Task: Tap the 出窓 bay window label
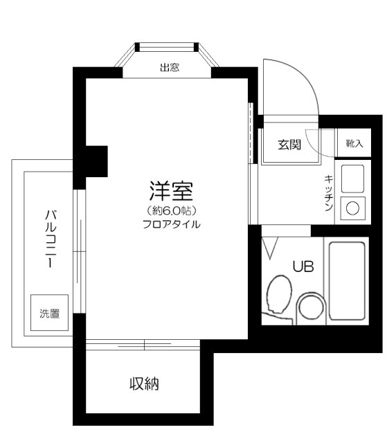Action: (x=170, y=68)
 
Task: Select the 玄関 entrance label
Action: (x=289, y=145)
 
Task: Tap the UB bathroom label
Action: (x=302, y=265)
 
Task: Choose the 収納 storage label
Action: (x=143, y=383)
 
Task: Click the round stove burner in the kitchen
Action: (x=352, y=208)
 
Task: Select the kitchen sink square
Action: (x=352, y=179)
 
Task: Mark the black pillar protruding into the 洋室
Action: (x=96, y=161)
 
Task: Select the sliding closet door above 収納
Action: (x=143, y=344)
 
